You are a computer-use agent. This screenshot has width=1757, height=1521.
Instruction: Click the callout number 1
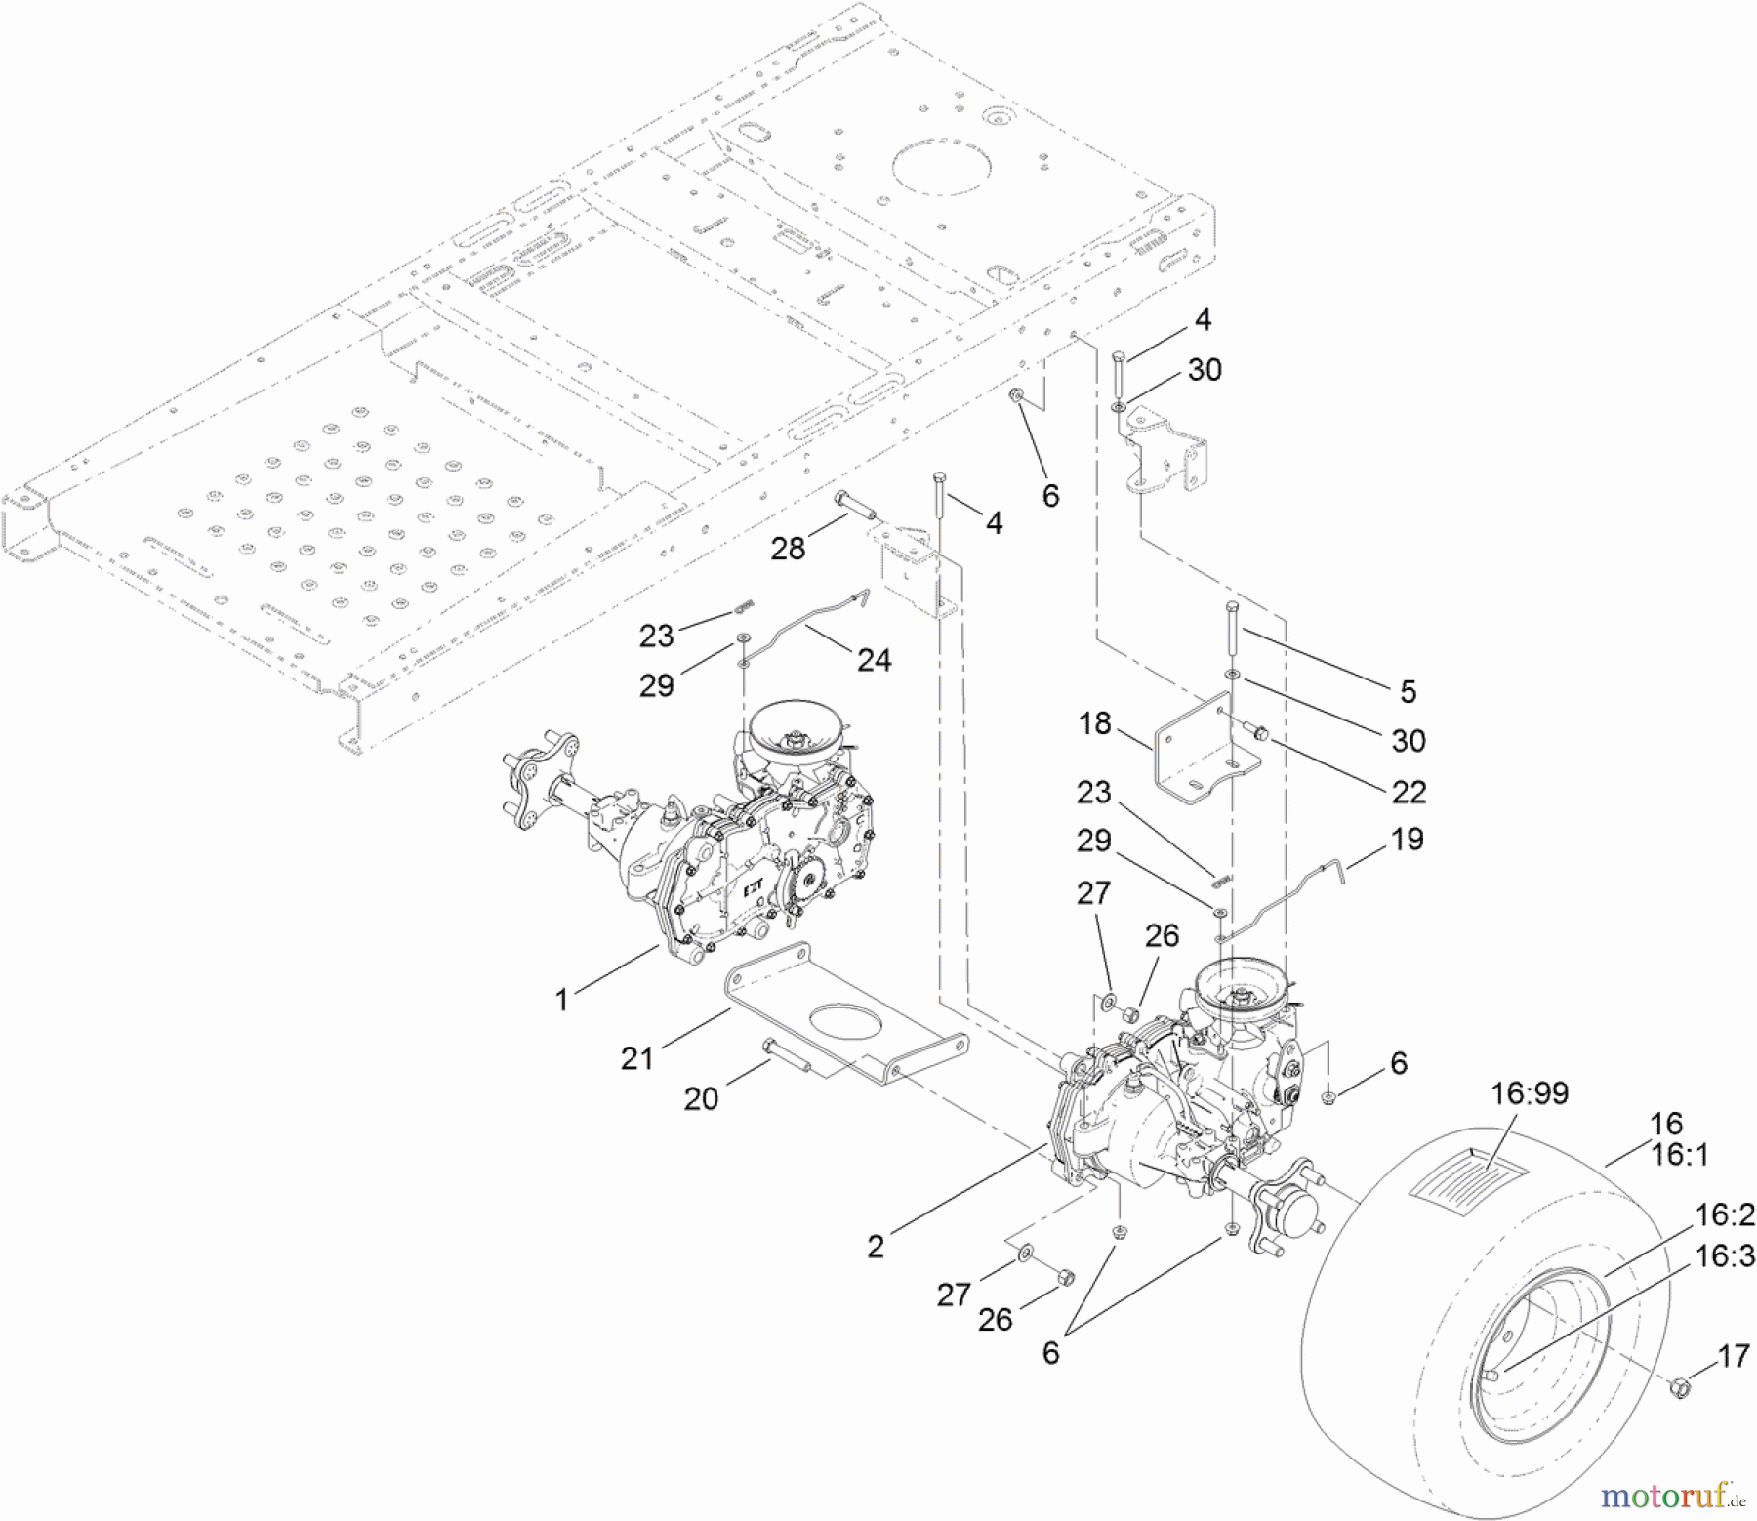click(x=561, y=1001)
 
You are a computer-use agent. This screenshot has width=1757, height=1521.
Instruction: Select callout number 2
click(x=876, y=1247)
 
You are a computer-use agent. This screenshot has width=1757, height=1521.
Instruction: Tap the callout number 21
click(x=636, y=1057)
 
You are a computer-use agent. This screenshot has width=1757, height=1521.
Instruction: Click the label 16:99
click(x=1529, y=1092)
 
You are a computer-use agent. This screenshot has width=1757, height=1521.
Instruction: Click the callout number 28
click(x=788, y=549)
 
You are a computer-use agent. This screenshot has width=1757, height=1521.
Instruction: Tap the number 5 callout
click(x=1407, y=691)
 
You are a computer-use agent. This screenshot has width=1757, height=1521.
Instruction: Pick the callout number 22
click(x=1409, y=791)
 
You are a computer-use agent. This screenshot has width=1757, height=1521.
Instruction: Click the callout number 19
click(x=1407, y=839)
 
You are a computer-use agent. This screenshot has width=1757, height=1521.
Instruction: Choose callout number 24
click(x=874, y=660)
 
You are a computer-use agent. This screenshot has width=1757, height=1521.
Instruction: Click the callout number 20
click(x=701, y=1099)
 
